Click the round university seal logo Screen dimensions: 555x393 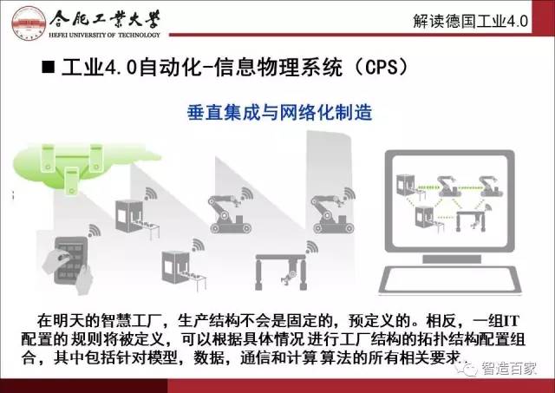(28, 22)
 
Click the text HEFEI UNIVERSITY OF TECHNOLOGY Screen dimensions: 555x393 (104, 35)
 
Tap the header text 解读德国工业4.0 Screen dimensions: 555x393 (470, 21)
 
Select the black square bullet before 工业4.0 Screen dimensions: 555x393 (49, 67)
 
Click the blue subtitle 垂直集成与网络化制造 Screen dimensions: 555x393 (279, 113)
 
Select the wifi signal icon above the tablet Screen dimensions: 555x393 (94, 231)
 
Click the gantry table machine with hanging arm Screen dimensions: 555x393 (281, 272)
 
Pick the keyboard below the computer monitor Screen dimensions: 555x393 (450, 279)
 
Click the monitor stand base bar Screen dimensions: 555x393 (452, 259)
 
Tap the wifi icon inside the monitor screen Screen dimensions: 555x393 (488, 206)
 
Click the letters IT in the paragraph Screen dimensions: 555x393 (511, 321)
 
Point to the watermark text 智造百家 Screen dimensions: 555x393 (509, 368)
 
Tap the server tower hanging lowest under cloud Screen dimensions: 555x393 (72, 181)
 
